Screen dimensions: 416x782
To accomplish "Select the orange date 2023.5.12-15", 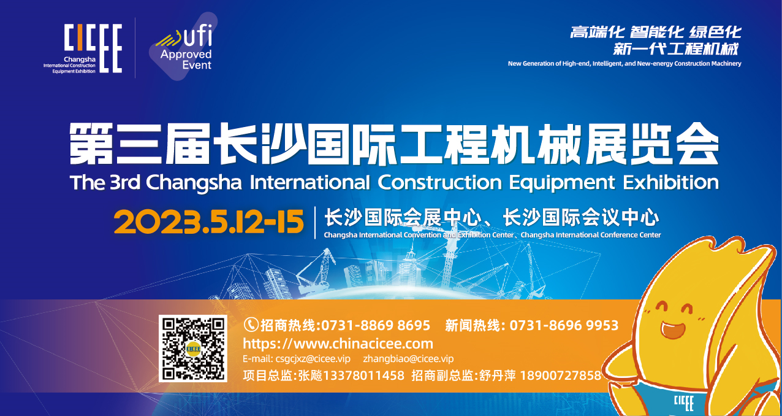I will (x=209, y=221).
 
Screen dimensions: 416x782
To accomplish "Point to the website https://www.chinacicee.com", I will (x=338, y=344).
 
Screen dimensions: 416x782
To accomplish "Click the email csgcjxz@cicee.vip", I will (x=297, y=359).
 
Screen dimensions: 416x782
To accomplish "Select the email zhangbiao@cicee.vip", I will (x=408, y=359).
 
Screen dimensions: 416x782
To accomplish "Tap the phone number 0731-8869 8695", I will (x=376, y=325).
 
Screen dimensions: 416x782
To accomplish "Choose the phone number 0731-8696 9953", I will (x=564, y=325).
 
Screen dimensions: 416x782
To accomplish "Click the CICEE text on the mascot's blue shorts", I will (x=683, y=403).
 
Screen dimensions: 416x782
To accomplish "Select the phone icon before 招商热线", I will (x=251, y=325).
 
